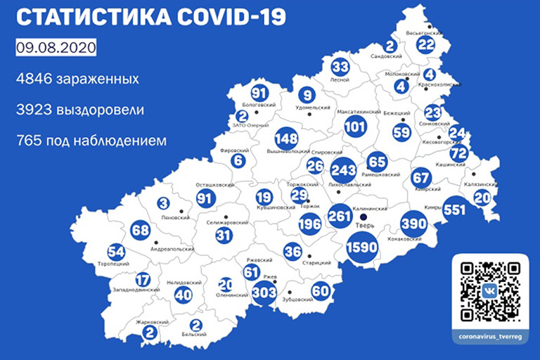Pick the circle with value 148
pyautogui.click(x=286, y=137)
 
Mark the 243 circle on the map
pyautogui.click(x=343, y=171)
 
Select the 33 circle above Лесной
pyautogui.click(x=340, y=67)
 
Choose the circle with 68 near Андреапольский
pyautogui.click(x=140, y=230)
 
